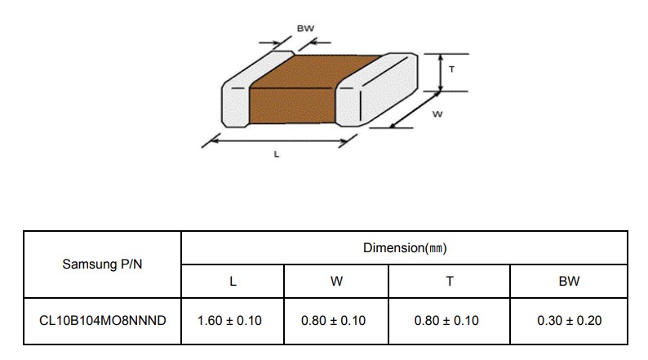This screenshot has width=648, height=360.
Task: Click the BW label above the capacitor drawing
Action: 305,29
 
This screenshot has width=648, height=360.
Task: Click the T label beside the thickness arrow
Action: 451,69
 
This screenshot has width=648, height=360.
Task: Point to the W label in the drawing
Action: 437,113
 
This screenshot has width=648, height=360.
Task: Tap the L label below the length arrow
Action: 277,154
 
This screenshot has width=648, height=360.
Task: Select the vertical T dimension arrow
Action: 441,73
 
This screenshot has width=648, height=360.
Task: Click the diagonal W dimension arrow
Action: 415,109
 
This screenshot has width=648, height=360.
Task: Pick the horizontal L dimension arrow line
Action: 279,141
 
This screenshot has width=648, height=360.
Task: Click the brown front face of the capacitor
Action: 292,105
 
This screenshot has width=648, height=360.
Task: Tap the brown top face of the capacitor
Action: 315,71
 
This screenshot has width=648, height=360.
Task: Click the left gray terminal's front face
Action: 236,107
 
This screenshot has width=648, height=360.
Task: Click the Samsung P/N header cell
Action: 102,264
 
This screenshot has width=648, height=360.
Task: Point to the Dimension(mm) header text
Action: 405,248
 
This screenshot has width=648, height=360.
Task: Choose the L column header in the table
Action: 233,282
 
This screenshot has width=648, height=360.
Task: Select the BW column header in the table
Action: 569,281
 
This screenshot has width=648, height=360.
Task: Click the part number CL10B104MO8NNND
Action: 103,320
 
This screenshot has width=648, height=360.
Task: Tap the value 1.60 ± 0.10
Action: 229,320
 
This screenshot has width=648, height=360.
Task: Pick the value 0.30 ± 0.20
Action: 569,320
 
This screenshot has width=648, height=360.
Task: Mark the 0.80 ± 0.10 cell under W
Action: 333,320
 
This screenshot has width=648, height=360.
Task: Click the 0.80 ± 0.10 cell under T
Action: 446,320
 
